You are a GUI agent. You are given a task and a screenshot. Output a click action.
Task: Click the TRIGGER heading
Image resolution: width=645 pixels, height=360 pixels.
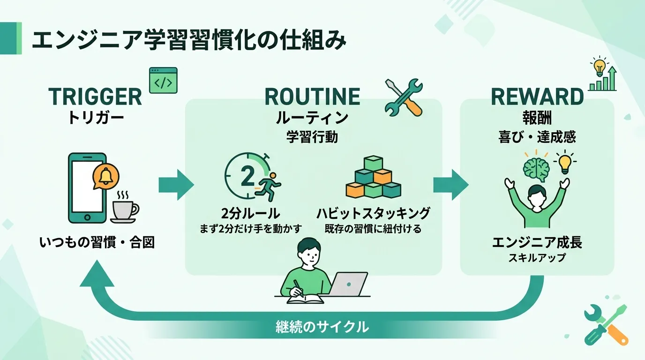click(95, 97)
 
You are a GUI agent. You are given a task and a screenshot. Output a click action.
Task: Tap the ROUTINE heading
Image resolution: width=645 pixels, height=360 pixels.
click(312, 97)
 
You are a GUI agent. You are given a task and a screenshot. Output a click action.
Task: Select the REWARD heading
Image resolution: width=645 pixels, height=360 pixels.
click(537, 97)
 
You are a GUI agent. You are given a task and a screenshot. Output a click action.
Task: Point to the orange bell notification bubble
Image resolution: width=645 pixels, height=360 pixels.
click(106, 177)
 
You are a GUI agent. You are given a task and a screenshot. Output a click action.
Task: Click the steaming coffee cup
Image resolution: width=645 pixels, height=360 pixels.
click(125, 208)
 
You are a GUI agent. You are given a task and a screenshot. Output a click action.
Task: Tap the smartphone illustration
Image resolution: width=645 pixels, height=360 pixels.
click(87, 188)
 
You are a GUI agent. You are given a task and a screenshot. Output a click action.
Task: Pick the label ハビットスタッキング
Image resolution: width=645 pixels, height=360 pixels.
click(373, 214)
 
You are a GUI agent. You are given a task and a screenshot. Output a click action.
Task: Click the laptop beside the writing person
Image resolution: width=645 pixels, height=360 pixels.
click(347, 284)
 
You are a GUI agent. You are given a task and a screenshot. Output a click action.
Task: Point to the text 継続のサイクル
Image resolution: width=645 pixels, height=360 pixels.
click(322, 327)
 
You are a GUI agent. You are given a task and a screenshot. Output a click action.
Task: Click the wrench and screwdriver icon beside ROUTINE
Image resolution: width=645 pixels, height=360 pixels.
click(404, 97)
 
